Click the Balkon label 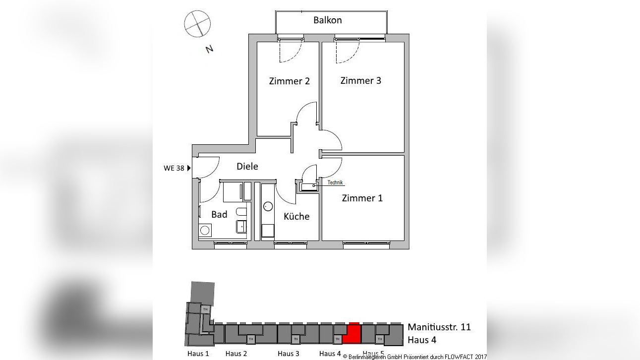(327, 20)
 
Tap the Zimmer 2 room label (289, 81)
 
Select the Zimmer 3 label (360, 80)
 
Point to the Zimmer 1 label (362, 198)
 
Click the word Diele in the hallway (247, 167)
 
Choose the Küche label (296, 217)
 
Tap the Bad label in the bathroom (219, 214)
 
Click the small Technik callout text (335, 182)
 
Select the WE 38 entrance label (174, 168)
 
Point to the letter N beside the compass (209, 49)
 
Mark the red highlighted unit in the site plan (352, 333)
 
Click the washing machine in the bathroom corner (205, 230)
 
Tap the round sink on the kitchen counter (268, 206)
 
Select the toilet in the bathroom (241, 213)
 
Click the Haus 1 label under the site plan (198, 354)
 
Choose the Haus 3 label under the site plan (288, 354)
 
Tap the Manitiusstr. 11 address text (439, 327)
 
